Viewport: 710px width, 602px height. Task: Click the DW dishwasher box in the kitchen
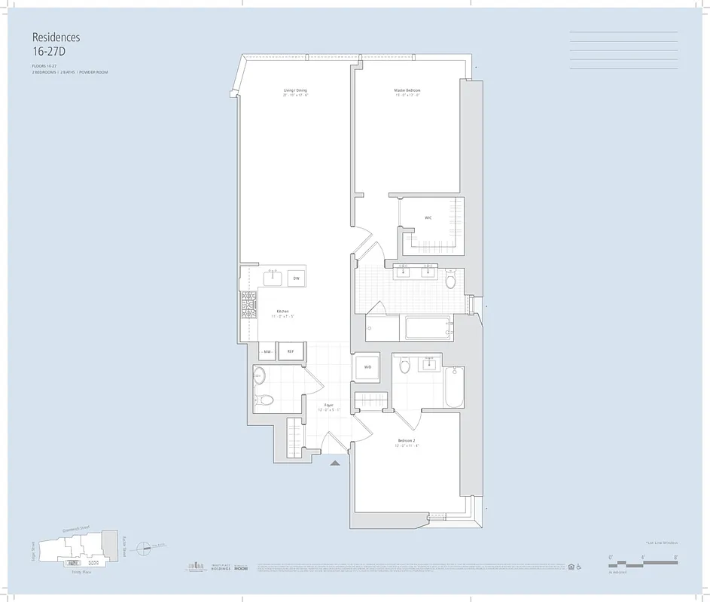(297, 278)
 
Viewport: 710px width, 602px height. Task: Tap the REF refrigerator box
(291, 351)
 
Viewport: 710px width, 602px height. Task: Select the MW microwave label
(267, 351)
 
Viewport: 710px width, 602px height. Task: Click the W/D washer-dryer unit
(368, 367)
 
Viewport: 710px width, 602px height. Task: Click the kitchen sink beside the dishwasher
(273, 278)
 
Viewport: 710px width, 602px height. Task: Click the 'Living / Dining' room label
(295, 91)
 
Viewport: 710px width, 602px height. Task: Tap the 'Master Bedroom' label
(407, 91)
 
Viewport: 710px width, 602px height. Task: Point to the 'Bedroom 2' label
(407, 441)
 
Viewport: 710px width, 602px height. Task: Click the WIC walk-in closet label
(428, 218)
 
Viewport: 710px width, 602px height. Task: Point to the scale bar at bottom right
(644, 561)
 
